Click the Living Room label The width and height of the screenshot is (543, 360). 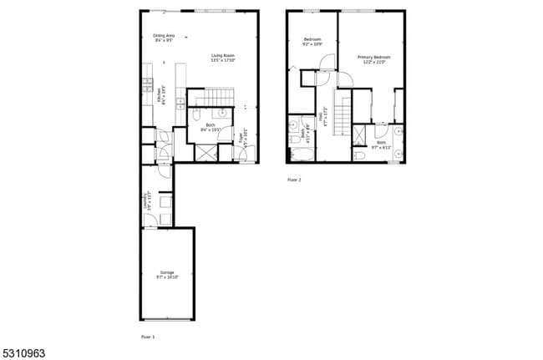(223, 58)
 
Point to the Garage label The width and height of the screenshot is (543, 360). (166, 274)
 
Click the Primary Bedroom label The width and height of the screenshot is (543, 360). (374, 59)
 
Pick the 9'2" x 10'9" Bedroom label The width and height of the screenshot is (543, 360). (312, 42)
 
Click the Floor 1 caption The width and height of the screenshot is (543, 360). (148, 336)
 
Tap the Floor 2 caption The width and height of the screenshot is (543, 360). (293, 180)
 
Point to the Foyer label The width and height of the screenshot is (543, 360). (243, 136)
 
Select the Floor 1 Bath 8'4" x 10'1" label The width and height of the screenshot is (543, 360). (209, 129)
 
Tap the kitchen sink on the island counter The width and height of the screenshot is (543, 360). (180, 102)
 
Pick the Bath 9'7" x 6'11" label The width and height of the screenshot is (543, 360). (382, 144)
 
